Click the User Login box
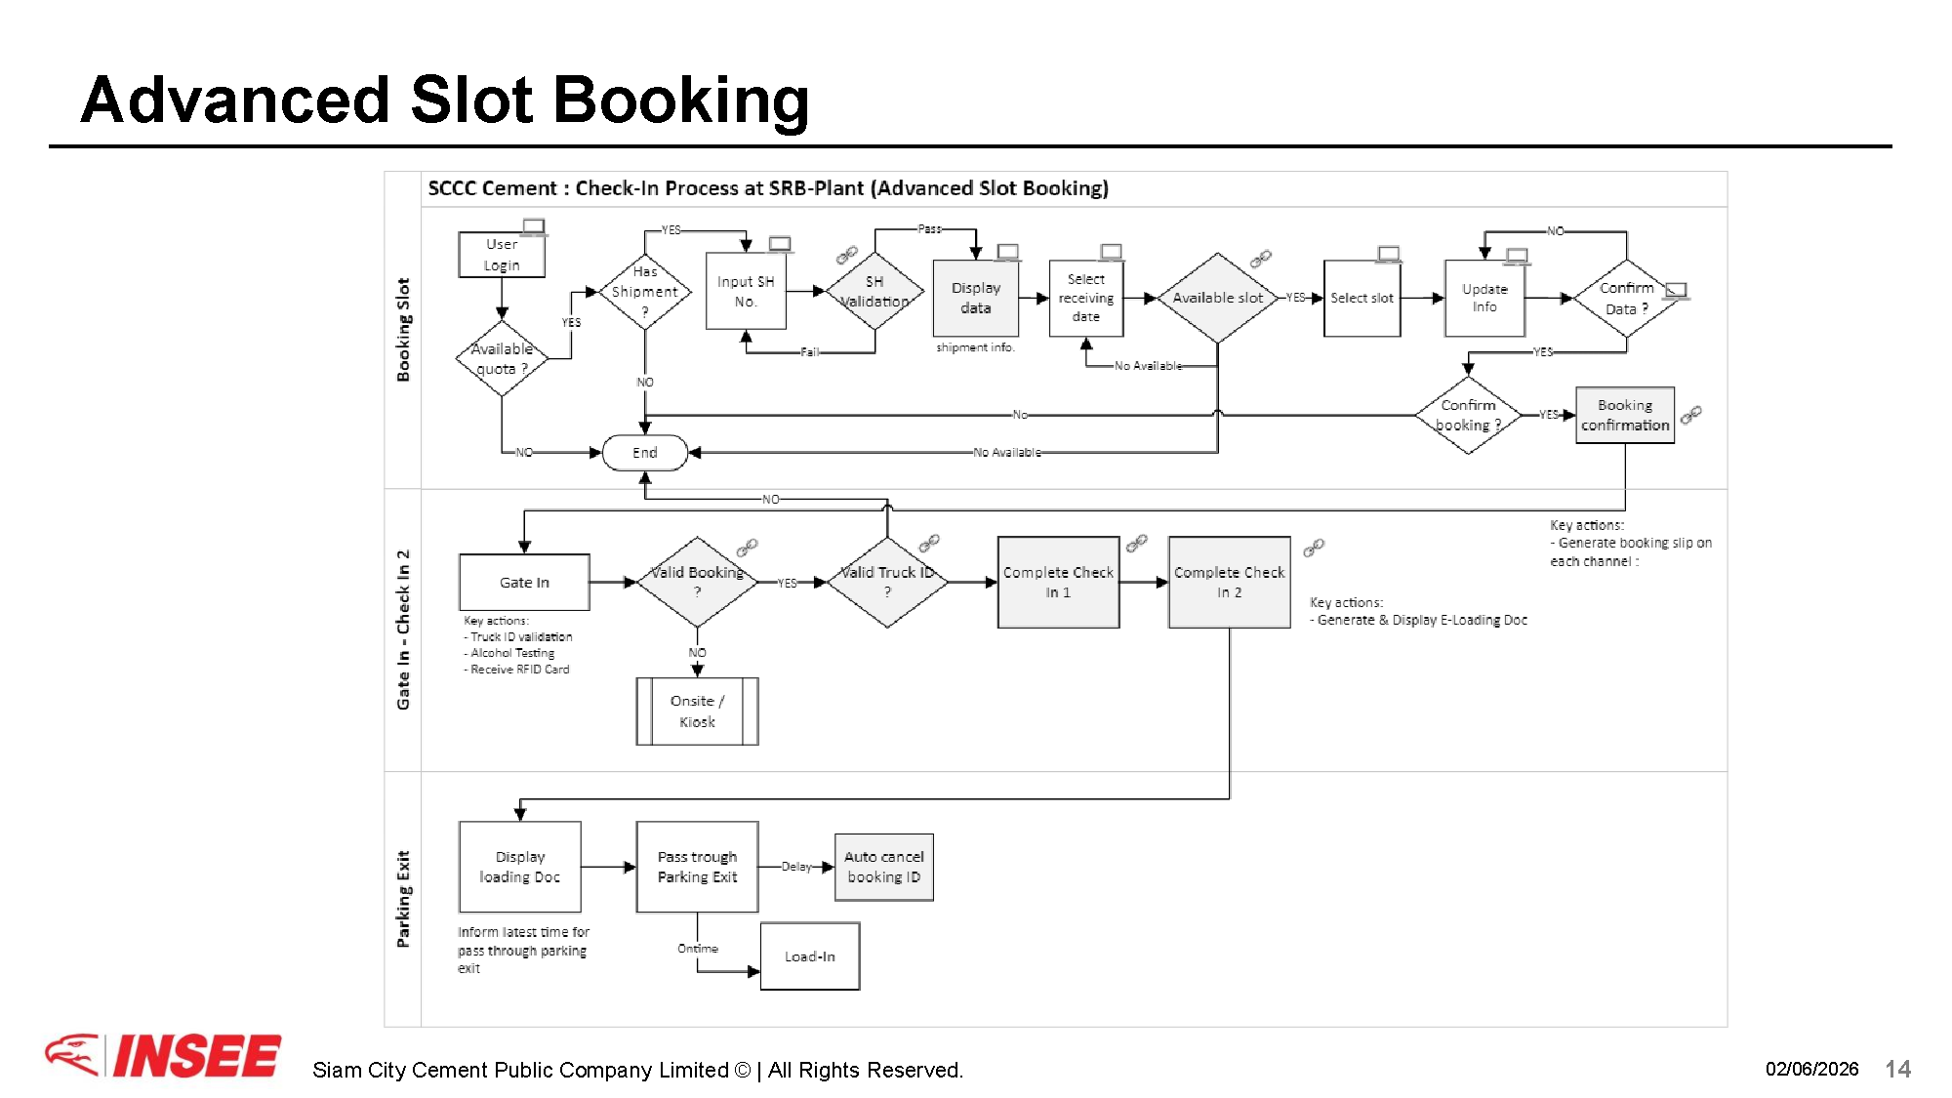point(502,255)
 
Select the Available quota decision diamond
point(502,358)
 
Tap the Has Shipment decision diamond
point(644,291)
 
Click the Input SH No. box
point(746,291)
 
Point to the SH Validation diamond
point(874,291)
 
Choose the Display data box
point(976,298)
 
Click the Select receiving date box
point(1085,298)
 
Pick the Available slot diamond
point(1217,298)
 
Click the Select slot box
point(1362,298)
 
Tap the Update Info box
point(1484,298)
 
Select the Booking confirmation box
point(1625,415)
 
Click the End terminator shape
point(644,452)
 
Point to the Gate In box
point(524,582)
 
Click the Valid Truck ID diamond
point(887,582)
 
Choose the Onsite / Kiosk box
point(697,712)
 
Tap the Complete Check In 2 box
point(1229,582)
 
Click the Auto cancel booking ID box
point(883,867)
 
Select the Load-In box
point(810,956)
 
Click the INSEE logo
point(163,1056)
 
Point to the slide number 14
point(1897,1069)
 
